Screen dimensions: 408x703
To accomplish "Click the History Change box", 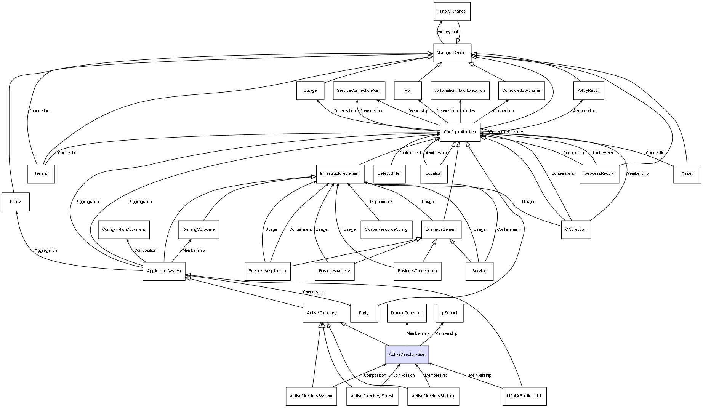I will (452, 11).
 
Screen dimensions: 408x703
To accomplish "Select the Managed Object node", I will (452, 53).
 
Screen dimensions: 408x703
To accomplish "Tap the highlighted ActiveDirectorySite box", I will (407, 355).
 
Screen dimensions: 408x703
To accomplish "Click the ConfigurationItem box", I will (460, 132).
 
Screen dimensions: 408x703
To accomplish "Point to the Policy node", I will (16, 202).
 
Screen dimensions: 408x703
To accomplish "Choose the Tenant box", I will (41, 174).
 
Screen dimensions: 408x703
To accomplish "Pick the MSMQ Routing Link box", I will (524, 396).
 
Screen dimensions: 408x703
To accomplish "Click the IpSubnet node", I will (449, 313).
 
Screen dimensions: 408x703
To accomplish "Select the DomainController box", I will (407, 313).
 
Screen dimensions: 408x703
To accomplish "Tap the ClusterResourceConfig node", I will (386, 230).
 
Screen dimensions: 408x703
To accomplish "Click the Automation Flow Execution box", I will (460, 91).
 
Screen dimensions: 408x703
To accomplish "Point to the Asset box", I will (687, 174).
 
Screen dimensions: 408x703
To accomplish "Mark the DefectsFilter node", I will (389, 174).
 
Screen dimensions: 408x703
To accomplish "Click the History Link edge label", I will (448, 32).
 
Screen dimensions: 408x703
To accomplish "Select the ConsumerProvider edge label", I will (506, 132).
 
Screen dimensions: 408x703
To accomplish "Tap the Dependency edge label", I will (381, 202).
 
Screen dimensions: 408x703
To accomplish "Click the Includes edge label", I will (468, 111).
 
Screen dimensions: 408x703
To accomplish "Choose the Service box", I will (479, 271).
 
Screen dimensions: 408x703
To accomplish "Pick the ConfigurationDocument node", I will (123, 230).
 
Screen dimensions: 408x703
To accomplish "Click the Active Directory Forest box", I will (372, 396).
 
